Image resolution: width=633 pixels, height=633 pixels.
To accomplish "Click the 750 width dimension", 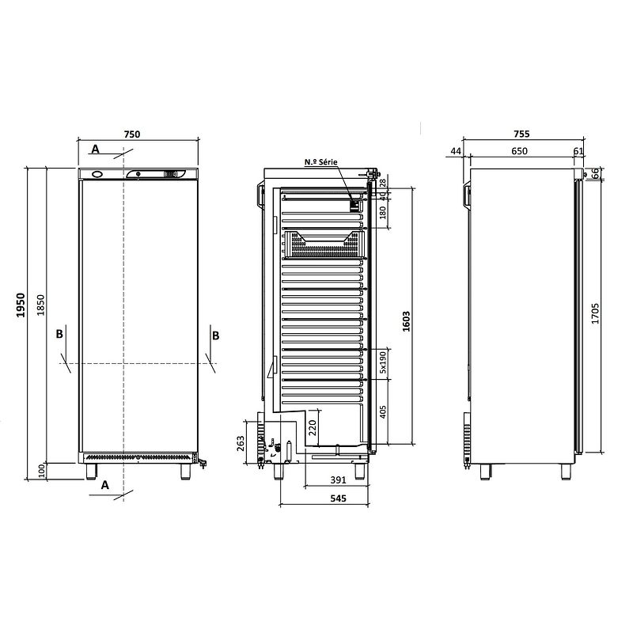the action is [x=132, y=134].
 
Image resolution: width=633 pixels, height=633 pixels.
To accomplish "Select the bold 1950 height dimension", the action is [x=21, y=305].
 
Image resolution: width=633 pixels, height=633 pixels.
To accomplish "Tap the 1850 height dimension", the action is [x=40, y=305].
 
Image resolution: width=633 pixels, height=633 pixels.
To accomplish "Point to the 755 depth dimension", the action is [x=521, y=134].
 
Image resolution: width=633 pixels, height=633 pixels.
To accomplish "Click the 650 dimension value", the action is [x=519, y=151].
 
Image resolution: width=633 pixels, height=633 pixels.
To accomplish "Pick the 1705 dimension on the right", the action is [x=595, y=313].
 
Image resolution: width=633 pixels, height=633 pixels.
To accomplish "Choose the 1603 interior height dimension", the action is [x=406, y=321].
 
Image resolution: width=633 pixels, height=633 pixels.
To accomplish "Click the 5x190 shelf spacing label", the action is [x=383, y=362].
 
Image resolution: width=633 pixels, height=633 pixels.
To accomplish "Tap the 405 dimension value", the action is [x=383, y=411].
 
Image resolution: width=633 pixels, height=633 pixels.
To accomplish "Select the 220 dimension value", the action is [x=313, y=428].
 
